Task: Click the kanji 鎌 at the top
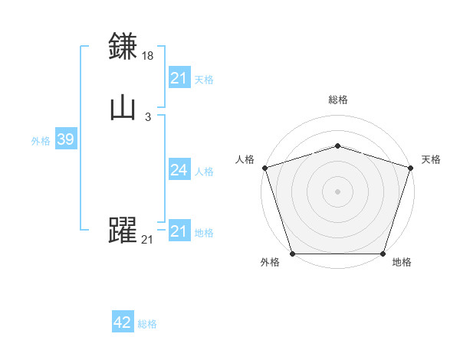(x=123, y=47)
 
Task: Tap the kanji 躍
(x=123, y=231)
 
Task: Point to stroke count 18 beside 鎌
(x=149, y=56)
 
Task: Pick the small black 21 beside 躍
(x=147, y=240)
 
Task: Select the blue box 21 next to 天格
(x=179, y=78)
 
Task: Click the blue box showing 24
(x=179, y=170)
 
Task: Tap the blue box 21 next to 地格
(x=179, y=231)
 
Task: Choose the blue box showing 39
(x=65, y=139)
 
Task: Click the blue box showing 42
(x=123, y=323)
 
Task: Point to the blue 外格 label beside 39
(x=41, y=141)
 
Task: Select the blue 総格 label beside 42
(x=147, y=324)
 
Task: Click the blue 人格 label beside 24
(x=204, y=172)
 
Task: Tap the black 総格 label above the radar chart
(x=337, y=100)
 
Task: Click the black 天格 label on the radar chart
(x=431, y=159)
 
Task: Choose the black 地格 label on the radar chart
(x=402, y=263)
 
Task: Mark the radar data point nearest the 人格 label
(x=265, y=168)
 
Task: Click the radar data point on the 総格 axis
(x=337, y=146)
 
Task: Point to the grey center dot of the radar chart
(x=337, y=191)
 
